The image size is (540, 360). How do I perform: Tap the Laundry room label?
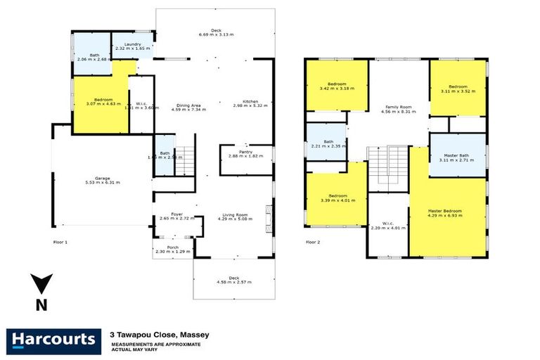pos(134,44)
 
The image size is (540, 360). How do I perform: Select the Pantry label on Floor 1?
pos(245,152)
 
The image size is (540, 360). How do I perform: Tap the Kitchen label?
pos(252,102)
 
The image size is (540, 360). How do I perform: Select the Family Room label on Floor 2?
pos(397,108)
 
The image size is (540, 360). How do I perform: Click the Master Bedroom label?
pos(447,210)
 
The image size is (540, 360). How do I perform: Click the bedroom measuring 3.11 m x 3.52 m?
pos(458,87)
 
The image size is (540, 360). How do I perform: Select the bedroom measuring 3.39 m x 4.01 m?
pos(336,196)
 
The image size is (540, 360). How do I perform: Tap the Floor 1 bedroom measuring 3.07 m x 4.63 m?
pos(101,102)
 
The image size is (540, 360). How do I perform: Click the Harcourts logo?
pos(53,340)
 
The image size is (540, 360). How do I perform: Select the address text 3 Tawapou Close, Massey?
pos(159,335)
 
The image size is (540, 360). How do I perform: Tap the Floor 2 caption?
pos(312,242)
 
